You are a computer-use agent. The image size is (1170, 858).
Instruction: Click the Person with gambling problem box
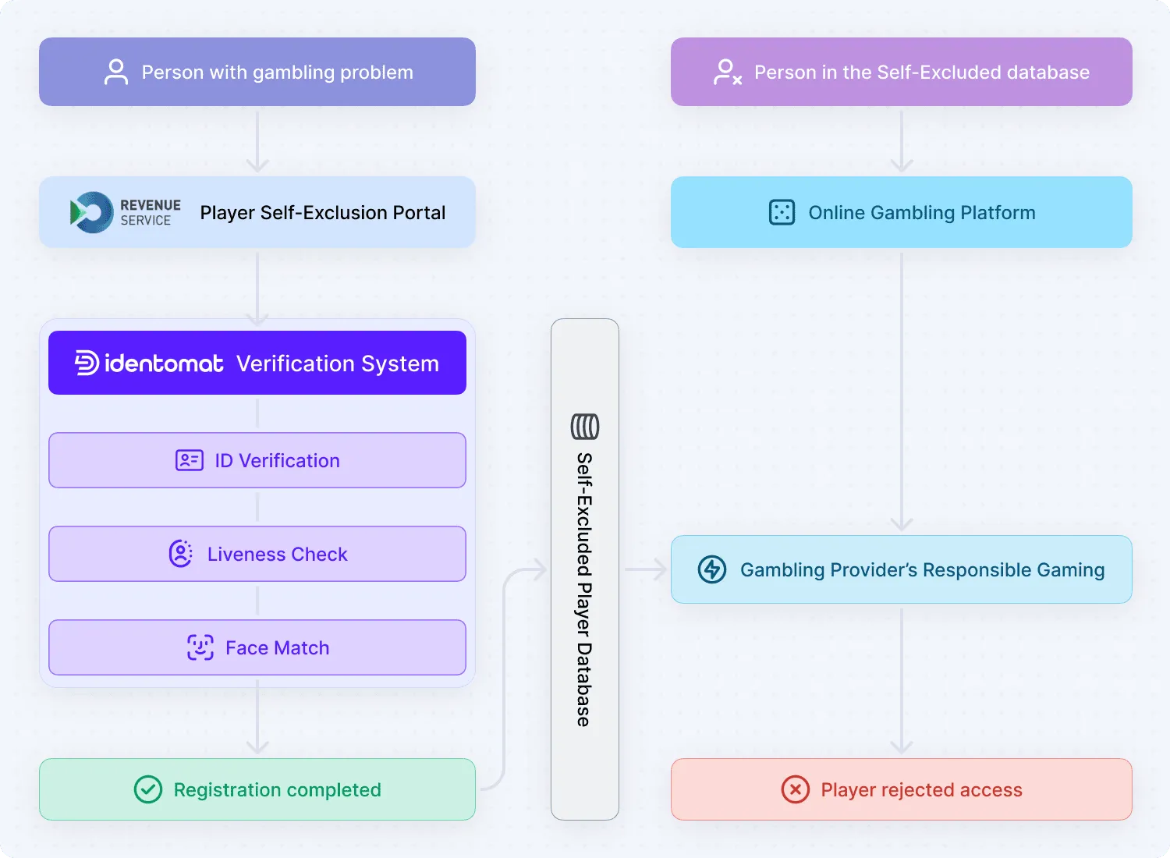pyautogui.click(x=257, y=72)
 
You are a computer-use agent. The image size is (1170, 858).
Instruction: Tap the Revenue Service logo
pyautogui.click(x=125, y=212)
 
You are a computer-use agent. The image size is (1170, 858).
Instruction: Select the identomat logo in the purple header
pyautogui.click(x=149, y=363)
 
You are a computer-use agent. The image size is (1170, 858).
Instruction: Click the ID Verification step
pyautogui.click(x=257, y=460)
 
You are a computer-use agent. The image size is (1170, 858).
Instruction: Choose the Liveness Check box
pyautogui.click(x=257, y=554)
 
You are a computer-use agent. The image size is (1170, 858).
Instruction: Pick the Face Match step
pyautogui.click(x=257, y=647)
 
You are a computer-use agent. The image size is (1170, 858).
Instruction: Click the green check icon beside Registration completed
pyautogui.click(x=148, y=789)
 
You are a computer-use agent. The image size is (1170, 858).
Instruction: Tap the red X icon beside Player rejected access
pyautogui.click(x=795, y=789)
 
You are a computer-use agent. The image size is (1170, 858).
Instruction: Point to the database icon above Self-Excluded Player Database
pyautogui.click(x=585, y=427)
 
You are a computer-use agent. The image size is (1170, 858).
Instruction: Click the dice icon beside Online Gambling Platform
pyautogui.click(x=782, y=212)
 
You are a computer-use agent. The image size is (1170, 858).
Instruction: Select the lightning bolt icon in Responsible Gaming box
pyautogui.click(x=712, y=569)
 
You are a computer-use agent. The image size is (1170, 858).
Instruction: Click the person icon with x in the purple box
pyautogui.click(x=727, y=72)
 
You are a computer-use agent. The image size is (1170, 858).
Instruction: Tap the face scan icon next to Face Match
pyautogui.click(x=200, y=647)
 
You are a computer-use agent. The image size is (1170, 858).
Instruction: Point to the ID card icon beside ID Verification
pyautogui.click(x=190, y=460)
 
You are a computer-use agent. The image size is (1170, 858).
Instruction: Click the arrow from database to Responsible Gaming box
pyautogui.click(x=646, y=569)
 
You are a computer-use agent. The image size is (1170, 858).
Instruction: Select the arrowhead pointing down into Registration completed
pyautogui.click(x=257, y=746)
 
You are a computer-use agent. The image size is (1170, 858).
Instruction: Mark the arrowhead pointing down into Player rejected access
pyautogui.click(x=902, y=746)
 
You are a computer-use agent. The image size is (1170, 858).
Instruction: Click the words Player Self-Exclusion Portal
pyautogui.click(x=323, y=213)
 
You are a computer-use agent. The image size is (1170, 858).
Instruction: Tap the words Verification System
pyautogui.click(x=338, y=363)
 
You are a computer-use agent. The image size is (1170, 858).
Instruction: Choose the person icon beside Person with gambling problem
pyautogui.click(x=116, y=72)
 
